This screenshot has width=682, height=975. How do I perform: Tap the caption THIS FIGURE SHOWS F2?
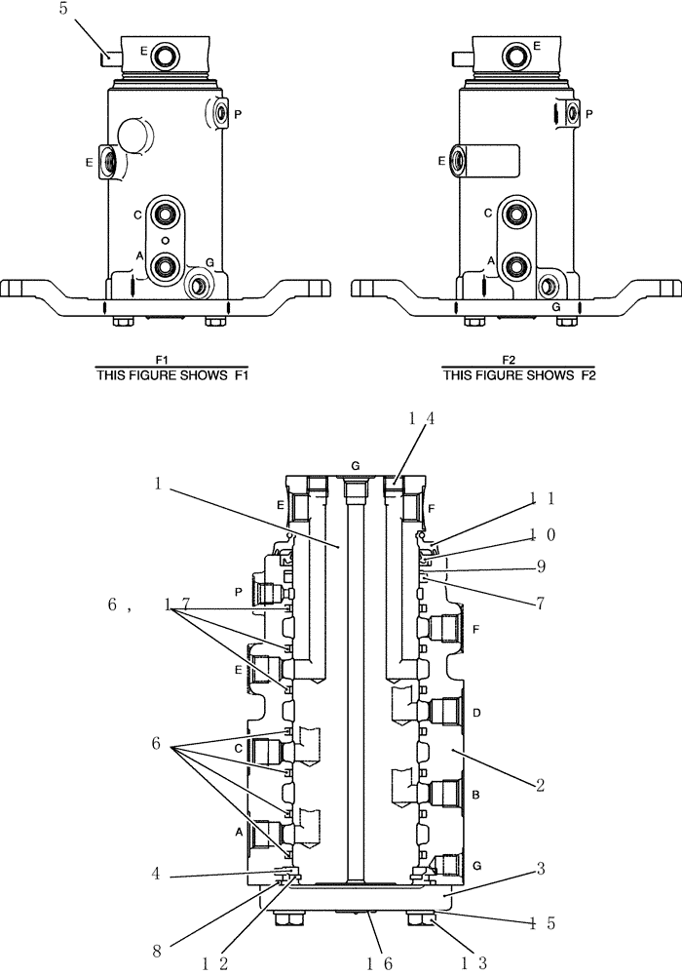pos(520,378)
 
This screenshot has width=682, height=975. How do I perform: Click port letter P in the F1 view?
pos(238,114)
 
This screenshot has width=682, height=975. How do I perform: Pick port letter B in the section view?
pos(475,796)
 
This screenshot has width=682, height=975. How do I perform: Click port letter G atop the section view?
pos(356,465)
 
